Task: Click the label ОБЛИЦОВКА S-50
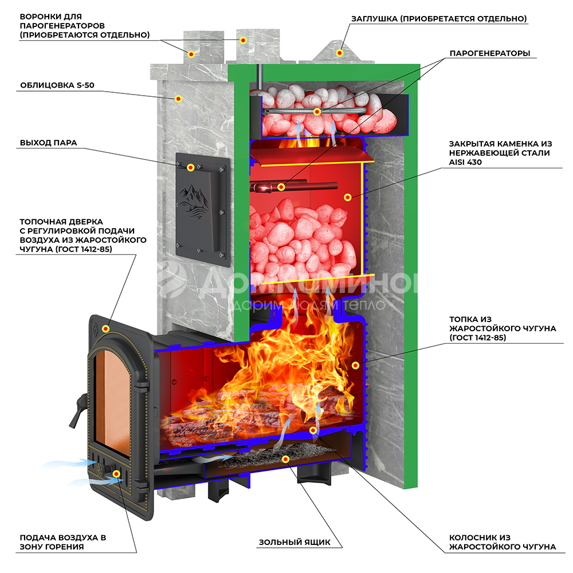coord(57,86)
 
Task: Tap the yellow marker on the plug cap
coord(339,53)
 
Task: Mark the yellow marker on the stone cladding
coord(179,99)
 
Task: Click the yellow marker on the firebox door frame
coord(105,328)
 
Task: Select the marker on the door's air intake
coord(117,474)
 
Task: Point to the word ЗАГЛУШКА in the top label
coord(375,19)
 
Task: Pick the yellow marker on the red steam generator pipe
coord(281,187)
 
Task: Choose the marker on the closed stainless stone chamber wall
coord(347,197)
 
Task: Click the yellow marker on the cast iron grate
coord(313,430)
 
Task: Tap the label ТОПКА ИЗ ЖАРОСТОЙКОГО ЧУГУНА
coord(503,328)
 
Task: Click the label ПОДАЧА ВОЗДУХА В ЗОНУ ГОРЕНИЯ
coord(63,542)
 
